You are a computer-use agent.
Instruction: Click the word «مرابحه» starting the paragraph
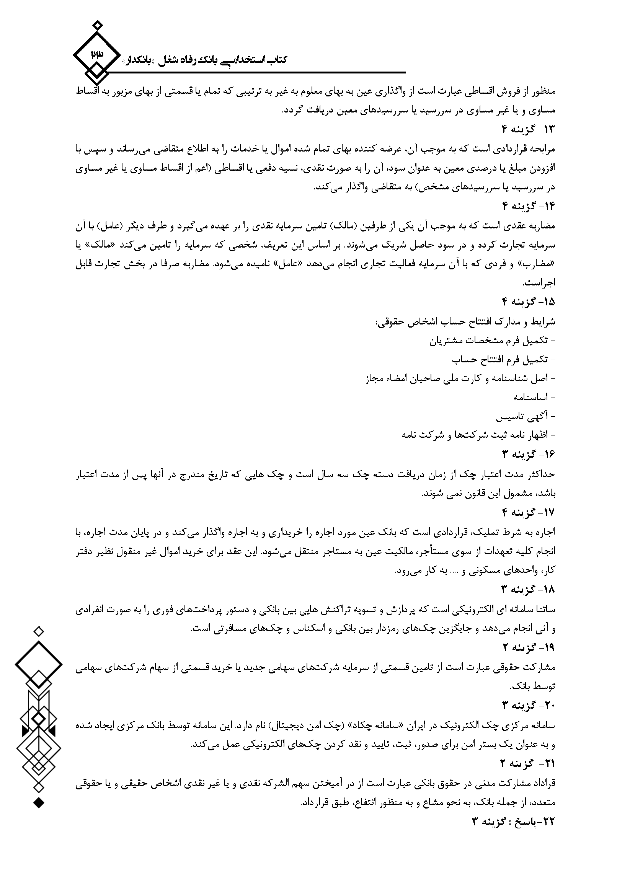point(543,148)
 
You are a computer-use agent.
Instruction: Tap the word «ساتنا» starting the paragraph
point(546,608)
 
